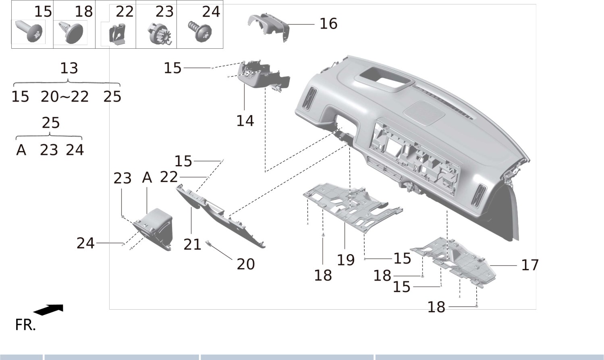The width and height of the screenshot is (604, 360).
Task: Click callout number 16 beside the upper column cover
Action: (328, 24)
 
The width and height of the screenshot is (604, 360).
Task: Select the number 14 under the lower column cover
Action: (245, 120)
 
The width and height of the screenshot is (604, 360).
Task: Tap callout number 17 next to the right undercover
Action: (529, 265)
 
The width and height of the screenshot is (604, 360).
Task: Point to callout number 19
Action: (346, 260)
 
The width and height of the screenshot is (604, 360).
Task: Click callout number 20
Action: (246, 264)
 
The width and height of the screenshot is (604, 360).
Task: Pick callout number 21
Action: (192, 244)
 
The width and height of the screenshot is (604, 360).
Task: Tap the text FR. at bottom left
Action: (25, 325)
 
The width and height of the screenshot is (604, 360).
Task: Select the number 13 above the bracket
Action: (69, 68)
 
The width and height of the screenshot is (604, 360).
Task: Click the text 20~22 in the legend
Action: (64, 97)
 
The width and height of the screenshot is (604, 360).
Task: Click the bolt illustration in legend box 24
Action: (200, 31)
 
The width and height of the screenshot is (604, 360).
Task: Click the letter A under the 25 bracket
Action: (21, 150)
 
